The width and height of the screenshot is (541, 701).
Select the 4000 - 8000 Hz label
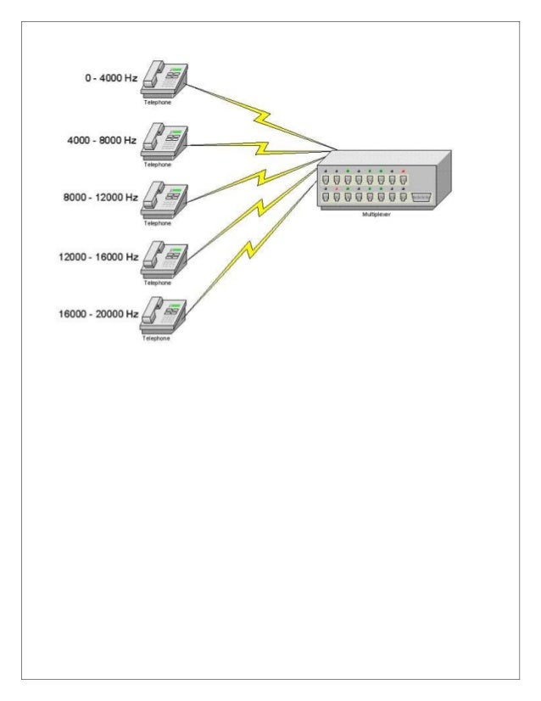(102, 140)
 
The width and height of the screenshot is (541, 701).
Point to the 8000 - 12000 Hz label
(99, 197)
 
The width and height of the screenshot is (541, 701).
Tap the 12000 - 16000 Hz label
(98, 256)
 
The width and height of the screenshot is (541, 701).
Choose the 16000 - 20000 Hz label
(98, 314)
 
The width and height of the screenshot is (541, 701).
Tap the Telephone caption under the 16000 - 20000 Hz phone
(156, 339)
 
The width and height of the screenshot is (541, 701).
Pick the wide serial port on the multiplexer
(421, 196)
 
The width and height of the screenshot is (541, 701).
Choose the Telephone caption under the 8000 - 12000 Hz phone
(156, 222)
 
